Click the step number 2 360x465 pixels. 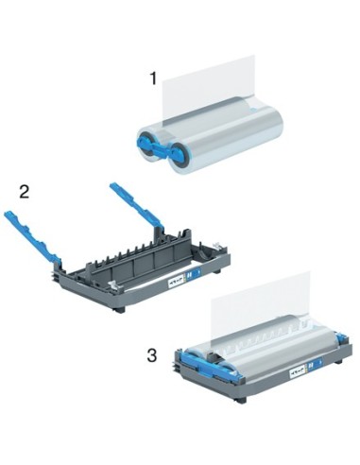[x=25, y=192]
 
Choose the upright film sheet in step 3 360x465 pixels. [x=260, y=302]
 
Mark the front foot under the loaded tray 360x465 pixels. [x=240, y=398]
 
